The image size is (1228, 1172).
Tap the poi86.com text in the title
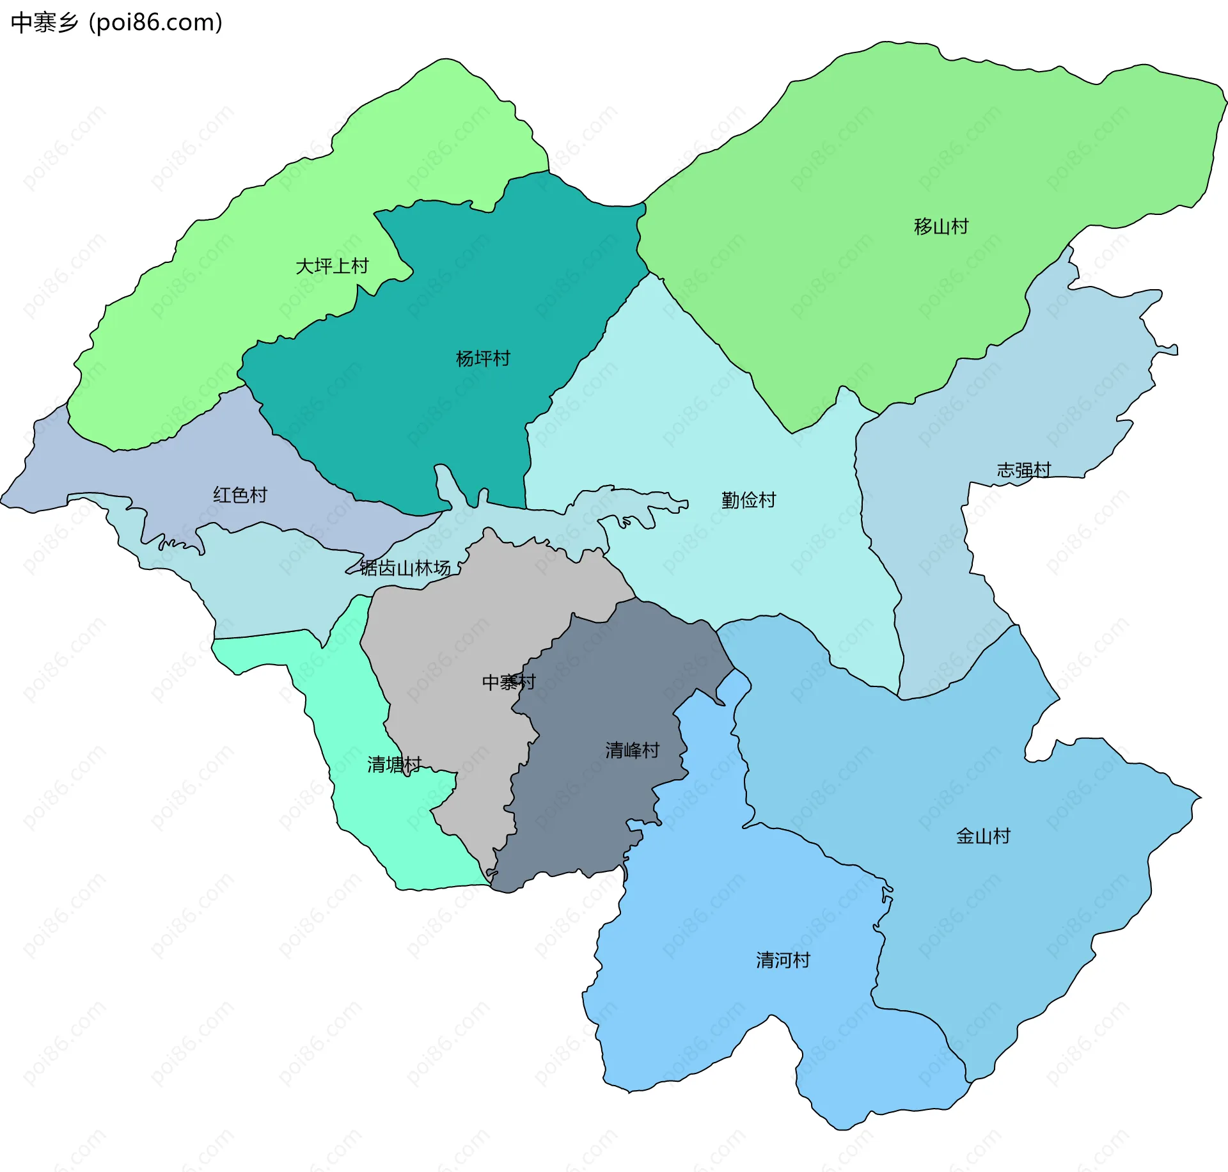point(155,23)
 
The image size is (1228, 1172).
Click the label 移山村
point(941,226)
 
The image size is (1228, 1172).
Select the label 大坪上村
point(332,266)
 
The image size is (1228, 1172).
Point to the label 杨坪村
point(483,359)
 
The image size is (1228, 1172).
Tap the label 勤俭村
point(748,500)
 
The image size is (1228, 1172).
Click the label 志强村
point(1023,470)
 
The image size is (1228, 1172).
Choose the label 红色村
point(240,495)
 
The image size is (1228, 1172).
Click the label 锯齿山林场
point(405,568)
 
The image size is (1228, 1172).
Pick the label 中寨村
point(508,683)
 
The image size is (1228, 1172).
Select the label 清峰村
point(632,750)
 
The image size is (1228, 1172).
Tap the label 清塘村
point(394,764)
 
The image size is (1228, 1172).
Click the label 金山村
point(982,836)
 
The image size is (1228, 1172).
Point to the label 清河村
point(783,960)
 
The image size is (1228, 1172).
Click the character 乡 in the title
point(68,23)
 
